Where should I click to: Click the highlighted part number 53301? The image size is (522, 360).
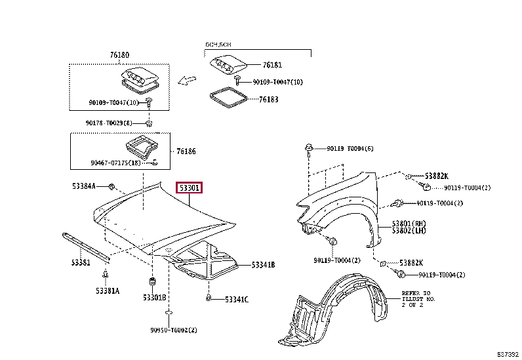(x=189, y=188)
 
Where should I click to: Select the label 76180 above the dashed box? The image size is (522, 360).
(x=119, y=56)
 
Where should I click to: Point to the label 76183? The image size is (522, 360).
(x=269, y=100)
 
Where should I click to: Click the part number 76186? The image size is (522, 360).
(x=186, y=151)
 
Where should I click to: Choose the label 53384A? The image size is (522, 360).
(x=84, y=186)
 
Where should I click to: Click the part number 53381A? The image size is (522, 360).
(x=107, y=290)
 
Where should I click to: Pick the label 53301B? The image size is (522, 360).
(x=155, y=298)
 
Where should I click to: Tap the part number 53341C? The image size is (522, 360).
(x=237, y=300)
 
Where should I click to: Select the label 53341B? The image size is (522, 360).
(x=263, y=265)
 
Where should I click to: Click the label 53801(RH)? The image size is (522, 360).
(x=409, y=224)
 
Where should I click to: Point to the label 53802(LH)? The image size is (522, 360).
(x=409, y=231)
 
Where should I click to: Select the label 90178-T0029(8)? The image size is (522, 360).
(x=109, y=123)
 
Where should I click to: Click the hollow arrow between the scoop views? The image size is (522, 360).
(x=188, y=81)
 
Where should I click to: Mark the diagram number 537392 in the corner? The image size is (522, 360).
(x=507, y=354)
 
